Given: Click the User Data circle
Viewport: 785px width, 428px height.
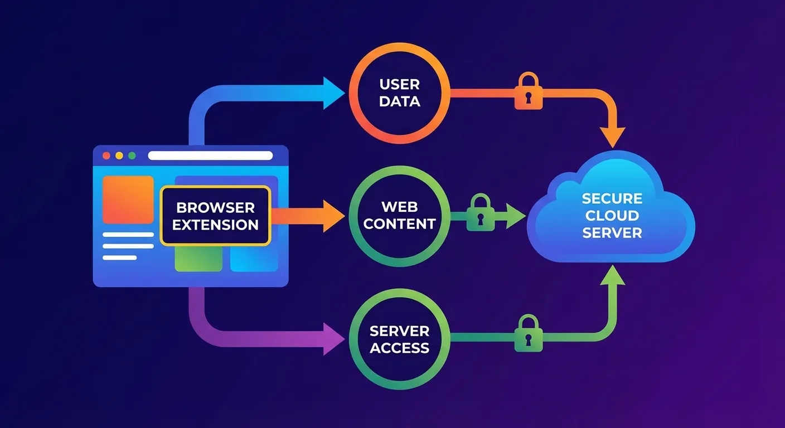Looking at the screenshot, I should coord(399,93).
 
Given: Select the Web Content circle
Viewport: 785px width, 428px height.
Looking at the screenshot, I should coord(399,216).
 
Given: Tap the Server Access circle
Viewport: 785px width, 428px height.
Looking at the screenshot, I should coord(399,339).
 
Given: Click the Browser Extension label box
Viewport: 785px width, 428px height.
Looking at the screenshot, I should coord(215,216).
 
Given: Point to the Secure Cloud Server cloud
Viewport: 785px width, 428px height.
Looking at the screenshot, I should coord(612,212).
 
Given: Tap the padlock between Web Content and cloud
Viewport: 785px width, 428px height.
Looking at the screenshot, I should coord(479,213).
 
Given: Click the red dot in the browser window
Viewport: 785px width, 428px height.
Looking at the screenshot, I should coord(106,155).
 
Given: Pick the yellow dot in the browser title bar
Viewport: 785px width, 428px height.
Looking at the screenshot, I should coord(119,155).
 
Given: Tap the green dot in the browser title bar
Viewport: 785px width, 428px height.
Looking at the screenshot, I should coord(132,155).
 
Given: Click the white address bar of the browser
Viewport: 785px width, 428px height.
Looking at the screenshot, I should coord(210,155).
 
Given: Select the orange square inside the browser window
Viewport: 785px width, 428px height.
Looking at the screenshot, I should coord(128,200).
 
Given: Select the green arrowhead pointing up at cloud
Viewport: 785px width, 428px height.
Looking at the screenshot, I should coord(612,275).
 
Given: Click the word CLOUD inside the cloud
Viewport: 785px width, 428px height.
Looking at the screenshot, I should coord(612,216).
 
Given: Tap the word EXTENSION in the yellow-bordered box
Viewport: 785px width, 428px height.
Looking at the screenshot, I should coord(215,225).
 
